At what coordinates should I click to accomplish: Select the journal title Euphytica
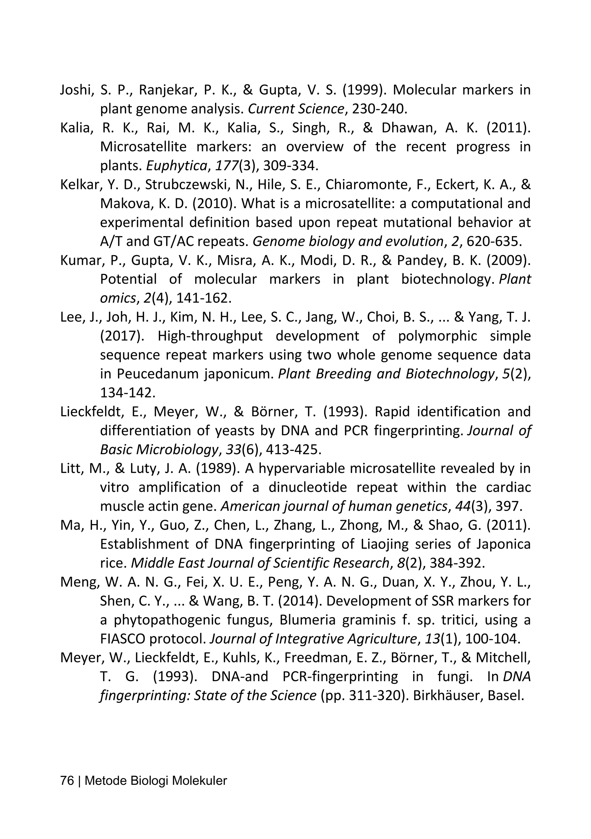[x=176, y=166]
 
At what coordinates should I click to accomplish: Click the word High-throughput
[x=210, y=336]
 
